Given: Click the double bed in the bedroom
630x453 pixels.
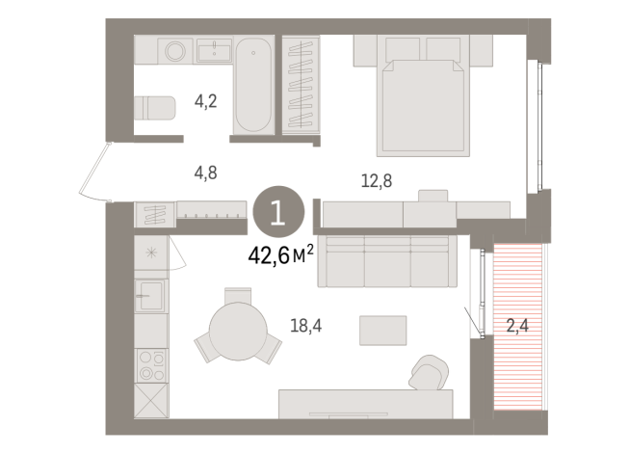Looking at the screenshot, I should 425,102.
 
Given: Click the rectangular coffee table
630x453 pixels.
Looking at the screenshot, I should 382,330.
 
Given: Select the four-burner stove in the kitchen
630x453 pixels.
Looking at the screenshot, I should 151,365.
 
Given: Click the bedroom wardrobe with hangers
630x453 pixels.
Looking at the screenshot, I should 301,85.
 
